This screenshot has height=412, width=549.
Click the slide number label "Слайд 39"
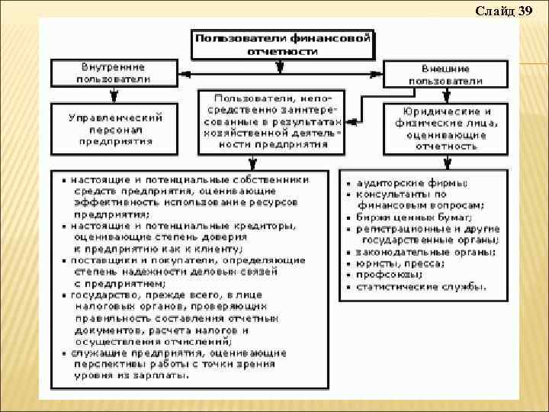click(x=504, y=11)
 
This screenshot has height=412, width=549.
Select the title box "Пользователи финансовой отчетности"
click(x=282, y=43)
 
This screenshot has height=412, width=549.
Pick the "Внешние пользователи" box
click(x=445, y=74)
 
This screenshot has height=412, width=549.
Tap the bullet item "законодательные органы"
click(x=424, y=252)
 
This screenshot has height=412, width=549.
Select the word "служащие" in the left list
click(x=95, y=352)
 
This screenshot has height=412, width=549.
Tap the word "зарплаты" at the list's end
click(x=160, y=375)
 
